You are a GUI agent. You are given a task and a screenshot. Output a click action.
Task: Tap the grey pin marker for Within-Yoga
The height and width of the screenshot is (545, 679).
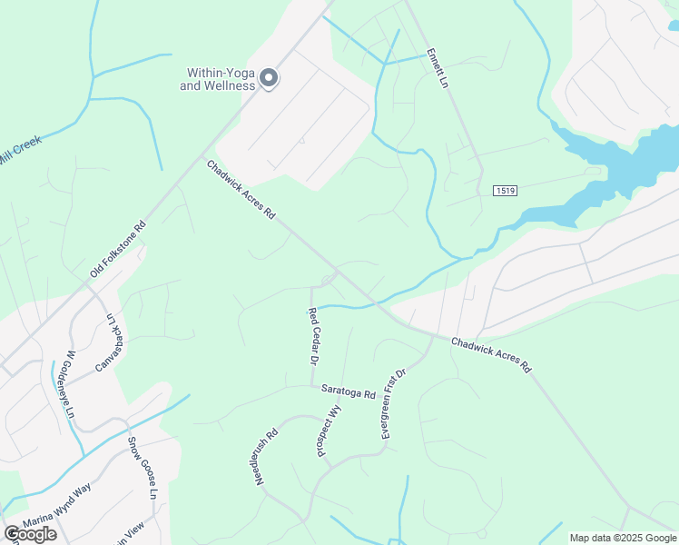point(269,79)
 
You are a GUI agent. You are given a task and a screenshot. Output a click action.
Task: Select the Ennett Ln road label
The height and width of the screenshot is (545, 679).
point(438,68)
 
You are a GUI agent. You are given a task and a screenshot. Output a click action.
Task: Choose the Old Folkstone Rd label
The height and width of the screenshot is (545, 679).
point(118,252)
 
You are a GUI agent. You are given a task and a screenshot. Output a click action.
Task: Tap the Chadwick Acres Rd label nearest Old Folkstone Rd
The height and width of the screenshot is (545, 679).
point(241,191)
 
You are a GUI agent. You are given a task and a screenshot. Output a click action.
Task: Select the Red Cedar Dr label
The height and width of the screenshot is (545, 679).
point(313,336)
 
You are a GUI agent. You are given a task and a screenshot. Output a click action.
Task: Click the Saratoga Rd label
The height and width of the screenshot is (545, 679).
point(348,392)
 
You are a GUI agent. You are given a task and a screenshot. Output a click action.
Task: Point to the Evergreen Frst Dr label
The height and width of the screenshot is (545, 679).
point(393,404)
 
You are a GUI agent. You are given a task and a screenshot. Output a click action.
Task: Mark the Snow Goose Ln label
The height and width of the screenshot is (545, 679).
point(143,468)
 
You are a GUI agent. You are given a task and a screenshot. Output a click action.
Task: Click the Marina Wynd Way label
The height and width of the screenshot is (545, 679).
point(56,506)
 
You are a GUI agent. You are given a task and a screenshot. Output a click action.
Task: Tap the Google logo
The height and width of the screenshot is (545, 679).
point(31,534)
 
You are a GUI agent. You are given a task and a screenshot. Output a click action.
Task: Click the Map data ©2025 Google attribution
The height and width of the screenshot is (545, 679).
point(623,538)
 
